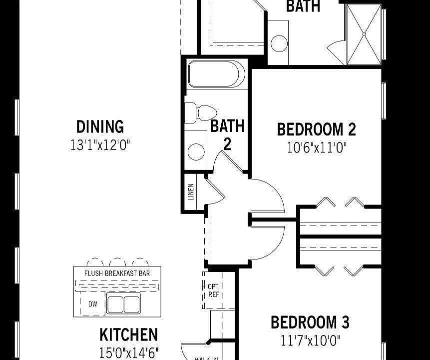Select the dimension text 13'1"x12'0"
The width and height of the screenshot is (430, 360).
tap(100, 145)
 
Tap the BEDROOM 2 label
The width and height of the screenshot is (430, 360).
tap(316, 129)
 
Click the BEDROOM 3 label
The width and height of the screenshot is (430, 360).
tap(310, 322)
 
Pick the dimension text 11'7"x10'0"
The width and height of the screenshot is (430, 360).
tap(310, 341)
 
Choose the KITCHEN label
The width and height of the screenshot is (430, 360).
tap(128, 334)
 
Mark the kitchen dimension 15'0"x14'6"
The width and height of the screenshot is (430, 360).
tap(129, 352)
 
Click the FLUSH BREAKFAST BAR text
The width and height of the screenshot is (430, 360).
tap(116, 273)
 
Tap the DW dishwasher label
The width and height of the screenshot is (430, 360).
tap(93, 304)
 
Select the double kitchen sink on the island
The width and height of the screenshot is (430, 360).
tap(123, 304)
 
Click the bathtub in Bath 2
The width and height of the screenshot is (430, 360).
tap(216, 74)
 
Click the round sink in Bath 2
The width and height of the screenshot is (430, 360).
tap(196, 151)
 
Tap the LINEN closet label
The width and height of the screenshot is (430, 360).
tap(191, 192)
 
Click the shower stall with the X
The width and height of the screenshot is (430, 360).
tap(363, 34)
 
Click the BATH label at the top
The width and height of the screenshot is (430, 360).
tap(303, 6)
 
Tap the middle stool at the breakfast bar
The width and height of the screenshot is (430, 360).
tap(117, 262)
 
